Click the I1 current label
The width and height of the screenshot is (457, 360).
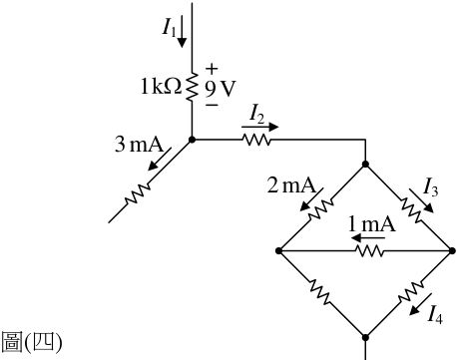[x=170, y=27]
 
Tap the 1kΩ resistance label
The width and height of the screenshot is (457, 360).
[x=161, y=87]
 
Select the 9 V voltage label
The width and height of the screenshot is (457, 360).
[x=220, y=89]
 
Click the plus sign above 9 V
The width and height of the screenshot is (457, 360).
[x=212, y=69]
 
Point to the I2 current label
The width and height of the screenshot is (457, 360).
[x=257, y=113]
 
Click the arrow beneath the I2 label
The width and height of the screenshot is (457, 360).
[x=259, y=127]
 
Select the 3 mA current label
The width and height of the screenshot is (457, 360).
[x=140, y=145]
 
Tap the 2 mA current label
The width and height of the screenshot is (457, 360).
[x=291, y=184]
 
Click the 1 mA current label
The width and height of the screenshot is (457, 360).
[x=372, y=224]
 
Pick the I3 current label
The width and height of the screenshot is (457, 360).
[x=430, y=186]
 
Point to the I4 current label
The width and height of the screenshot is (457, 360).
[x=435, y=314]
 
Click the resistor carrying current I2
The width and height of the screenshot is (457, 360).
[x=257, y=140]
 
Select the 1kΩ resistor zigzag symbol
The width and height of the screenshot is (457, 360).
[x=192, y=87]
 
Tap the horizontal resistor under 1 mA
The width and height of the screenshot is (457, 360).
[x=370, y=251]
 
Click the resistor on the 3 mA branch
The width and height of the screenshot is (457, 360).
[x=138, y=193]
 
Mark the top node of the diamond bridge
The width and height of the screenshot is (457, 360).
[x=365, y=164]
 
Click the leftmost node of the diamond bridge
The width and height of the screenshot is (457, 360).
[x=279, y=251]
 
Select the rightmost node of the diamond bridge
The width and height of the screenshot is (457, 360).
[x=452, y=251]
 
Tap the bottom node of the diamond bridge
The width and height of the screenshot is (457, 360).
[x=365, y=337]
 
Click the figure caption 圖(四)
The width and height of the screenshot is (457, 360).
[x=32, y=342]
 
